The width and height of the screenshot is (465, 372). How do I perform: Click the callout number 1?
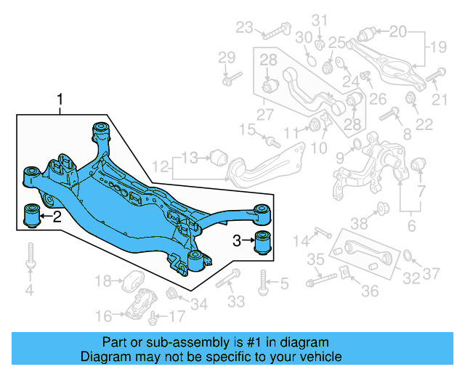[x=60, y=98]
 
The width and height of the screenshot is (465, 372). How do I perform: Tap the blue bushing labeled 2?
[x=32, y=216]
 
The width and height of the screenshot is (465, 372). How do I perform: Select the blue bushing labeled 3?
[x=264, y=240]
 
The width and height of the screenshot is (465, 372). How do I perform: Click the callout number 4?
[x=30, y=291]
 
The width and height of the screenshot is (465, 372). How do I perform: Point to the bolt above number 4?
[x=30, y=256]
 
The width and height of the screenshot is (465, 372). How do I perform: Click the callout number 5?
[x=284, y=283]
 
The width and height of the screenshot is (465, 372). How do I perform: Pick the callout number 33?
[x=236, y=302]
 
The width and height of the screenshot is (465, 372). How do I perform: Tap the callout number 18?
[x=102, y=280]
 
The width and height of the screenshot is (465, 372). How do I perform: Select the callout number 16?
[x=102, y=316]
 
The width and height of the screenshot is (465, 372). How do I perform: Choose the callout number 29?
[x=227, y=57]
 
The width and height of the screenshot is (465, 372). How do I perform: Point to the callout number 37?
[x=432, y=274]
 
